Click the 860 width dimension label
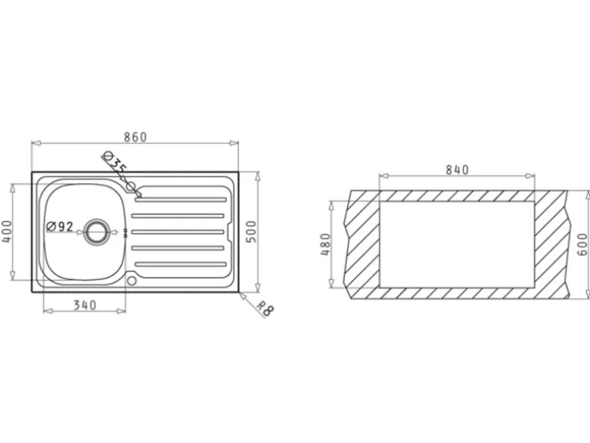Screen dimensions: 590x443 tap(136, 137)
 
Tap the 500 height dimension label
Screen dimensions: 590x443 tap(251, 232)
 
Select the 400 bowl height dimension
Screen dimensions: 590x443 tap(7, 231)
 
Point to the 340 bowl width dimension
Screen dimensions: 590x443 tap(84, 305)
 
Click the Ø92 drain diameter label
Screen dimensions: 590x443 tap(60, 226)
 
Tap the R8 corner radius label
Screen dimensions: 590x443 tap(265, 308)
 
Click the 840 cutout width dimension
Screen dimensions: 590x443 tap(457, 170)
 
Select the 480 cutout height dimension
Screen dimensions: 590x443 tap(326, 244)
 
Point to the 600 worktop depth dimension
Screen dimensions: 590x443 tap(582, 244)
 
